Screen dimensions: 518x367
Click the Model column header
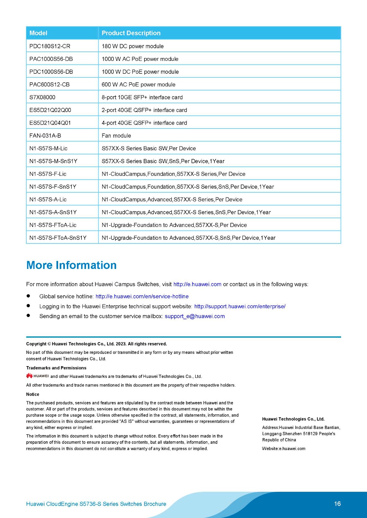click(x=38, y=33)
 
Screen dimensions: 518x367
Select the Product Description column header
click(x=131, y=33)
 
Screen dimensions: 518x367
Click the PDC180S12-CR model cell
click(x=50, y=46)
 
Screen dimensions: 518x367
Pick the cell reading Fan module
click(x=116, y=136)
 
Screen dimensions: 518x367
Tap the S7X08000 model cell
click(x=42, y=97)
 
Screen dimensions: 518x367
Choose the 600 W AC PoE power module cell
click(x=138, y=84)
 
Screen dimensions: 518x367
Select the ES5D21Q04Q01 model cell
click(x=50, y=123)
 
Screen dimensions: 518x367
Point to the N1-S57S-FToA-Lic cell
click(x=53, y=225)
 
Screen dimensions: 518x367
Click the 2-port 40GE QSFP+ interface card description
click(x=144, y=110)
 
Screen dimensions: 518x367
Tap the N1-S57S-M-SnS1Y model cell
click(x=53, y=161)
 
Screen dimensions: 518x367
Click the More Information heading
click(x=71, y=265)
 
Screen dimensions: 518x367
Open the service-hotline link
click(x=142, y=296)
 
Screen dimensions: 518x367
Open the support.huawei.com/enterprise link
click(x=240, y=306)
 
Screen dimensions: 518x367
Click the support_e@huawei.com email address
click(x=195, y=316)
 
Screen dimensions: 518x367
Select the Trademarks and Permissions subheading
click(x=56, y=368)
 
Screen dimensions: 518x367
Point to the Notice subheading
click(x=33, y=394)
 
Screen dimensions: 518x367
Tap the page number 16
click(x=337, y=504)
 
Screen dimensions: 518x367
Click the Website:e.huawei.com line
click(x=284, y=449)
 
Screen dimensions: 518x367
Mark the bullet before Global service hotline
click(x=29, y=296)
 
